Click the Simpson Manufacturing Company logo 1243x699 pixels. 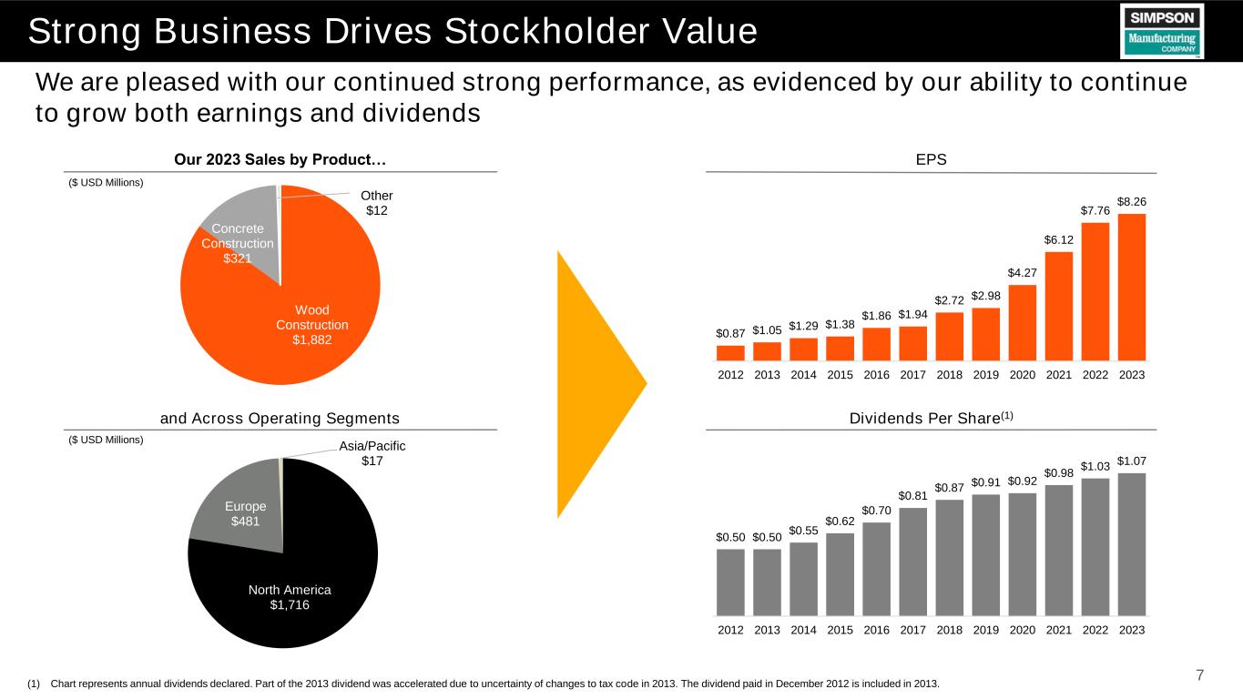tap(1162, 31)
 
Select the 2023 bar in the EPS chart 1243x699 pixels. tap(1132, 288)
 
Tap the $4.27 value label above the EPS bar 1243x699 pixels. tap(1022, 273)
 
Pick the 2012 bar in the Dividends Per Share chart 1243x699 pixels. tap(730, 582)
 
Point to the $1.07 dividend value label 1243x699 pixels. tap(1132, 461)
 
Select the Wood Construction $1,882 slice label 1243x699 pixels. tap(312, 325)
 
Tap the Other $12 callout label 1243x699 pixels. tap(377, 203)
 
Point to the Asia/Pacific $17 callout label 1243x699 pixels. tap(372, 453)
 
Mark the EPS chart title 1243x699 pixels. tap(932, 160)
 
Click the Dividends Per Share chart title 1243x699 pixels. tap(932, 418)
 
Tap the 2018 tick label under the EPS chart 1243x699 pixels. tap(950, 375)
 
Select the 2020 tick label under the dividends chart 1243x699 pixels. tap(1022, 630)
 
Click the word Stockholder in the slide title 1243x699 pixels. tap(548, 31)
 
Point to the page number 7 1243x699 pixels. tap(1199, 675)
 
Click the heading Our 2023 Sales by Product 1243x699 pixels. tap(280, 160)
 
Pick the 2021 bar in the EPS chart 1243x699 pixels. tap(1059, 307)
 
